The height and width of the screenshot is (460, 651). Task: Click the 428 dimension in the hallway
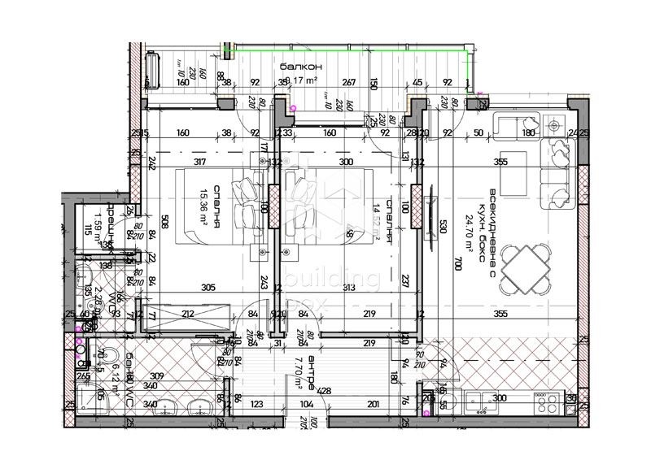(325, 391)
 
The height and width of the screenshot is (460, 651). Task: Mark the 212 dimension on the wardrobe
(188, 315)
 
